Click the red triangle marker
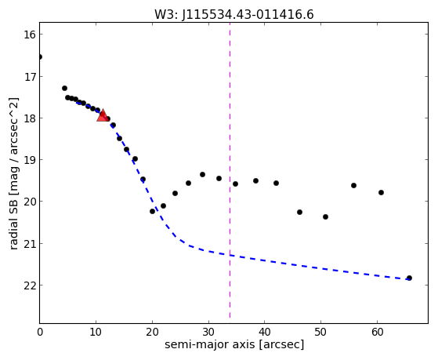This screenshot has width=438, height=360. pos(103,115)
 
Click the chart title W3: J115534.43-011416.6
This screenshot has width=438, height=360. pos(234,14)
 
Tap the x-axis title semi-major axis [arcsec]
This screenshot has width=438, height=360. pos(234,344)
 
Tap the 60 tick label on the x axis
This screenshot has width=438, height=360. pos(377,333)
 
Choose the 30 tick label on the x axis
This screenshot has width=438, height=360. pos(208,333)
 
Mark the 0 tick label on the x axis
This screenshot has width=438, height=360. pos(40,333)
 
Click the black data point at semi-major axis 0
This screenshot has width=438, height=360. pos(40,57)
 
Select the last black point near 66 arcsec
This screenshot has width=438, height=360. pos(409,278)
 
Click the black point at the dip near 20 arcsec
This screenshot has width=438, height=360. pos(152,211)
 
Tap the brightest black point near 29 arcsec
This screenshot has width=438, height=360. pos(202,175)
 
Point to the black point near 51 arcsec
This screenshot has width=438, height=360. pos(325,216)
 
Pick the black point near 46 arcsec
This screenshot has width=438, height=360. pos(300,212)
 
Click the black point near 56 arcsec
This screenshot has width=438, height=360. pos(353,185)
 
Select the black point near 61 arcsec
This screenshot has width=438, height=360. pos(381,192)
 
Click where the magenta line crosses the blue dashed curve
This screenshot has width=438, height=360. pos(230,255)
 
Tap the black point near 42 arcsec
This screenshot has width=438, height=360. pos(276,184)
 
